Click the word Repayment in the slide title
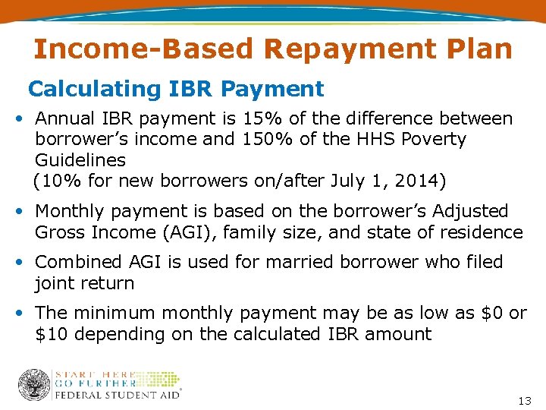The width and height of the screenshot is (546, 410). click(x=328, y=49)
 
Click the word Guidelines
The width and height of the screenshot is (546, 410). click(x=80, y=160)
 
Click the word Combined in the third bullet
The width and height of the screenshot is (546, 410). click(x=79, y=262)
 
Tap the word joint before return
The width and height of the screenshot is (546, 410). click(x=58, y=283)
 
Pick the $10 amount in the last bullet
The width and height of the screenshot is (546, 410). click(x=52, y=334)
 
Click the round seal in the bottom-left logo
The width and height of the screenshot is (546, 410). click(x=33, y=384)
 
